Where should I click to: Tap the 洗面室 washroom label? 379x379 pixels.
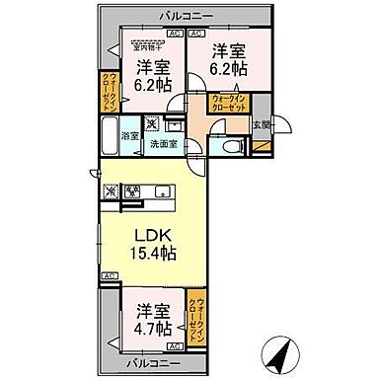pyautogui.click(x=164, y=144)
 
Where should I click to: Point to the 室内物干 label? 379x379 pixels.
pyautogui.click(x=146, y=43)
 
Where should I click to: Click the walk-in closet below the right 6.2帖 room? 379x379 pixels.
pyautogui.click(x=234, y=103)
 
